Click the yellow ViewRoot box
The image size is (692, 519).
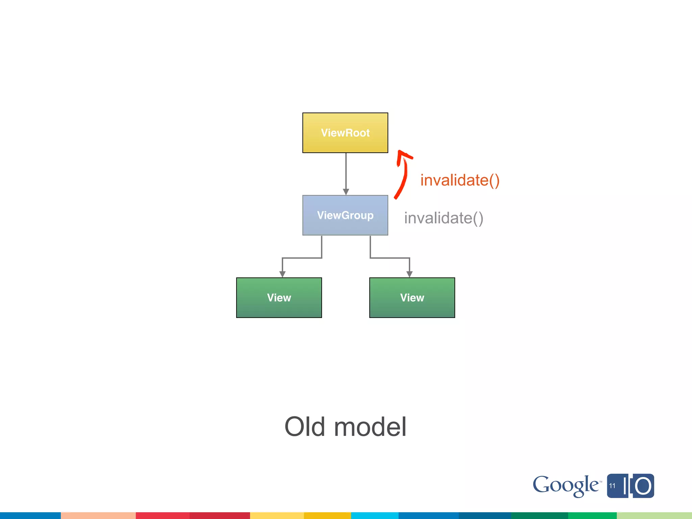pyautogui.click(x=345, y=133)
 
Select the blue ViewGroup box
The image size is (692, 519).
pyautogui.click(x=345, y=215)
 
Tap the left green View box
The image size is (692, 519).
pyautogui.click(x=279, y=298)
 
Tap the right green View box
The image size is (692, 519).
pyautogui.click(x=412, y=298)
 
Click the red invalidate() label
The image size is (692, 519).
pyautogui.click(x=460, y=180)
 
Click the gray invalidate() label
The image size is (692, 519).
pyautogui.click(x=444, y=218)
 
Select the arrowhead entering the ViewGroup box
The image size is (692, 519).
pyautogui.click(x=346, y=192)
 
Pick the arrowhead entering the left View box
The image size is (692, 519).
pyautogui.click(x=282, y=274)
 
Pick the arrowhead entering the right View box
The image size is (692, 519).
pyautogui.click(x=410, y=274)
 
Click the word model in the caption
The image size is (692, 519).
pyautogui.click(x=370, y=427)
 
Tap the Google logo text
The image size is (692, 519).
pyautogui.click(x=566, y=485)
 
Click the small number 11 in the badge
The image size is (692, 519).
pyautogui.click(x=612, y=486)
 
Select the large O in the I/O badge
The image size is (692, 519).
pyautogui.click(x=643, y=486)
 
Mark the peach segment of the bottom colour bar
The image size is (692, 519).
pyautogui.click(x=98, y=516)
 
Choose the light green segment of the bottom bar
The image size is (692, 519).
pyautogui.click(x=654, y=516)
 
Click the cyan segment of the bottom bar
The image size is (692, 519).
pyautogui.click(x=374, y=516)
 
